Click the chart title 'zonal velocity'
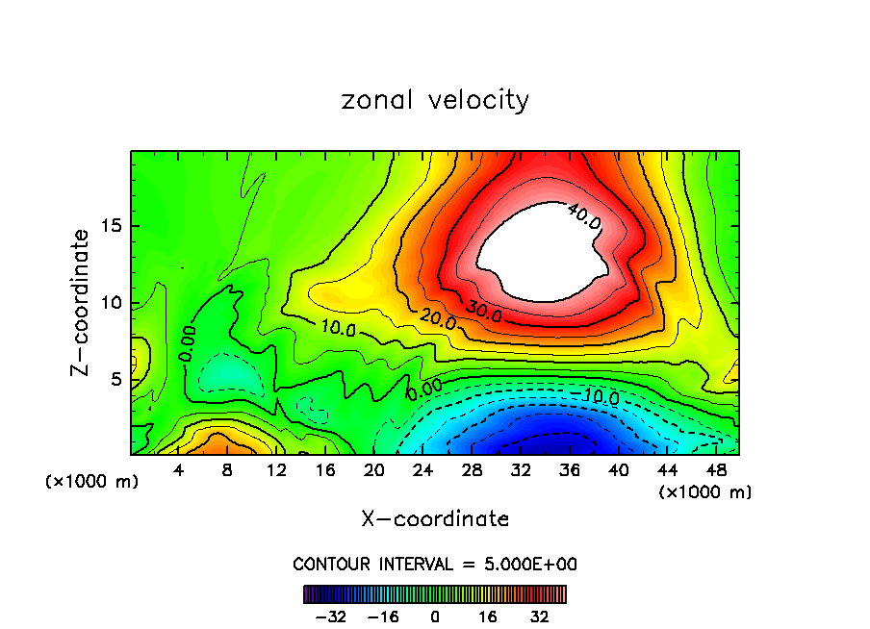tap(435, 100)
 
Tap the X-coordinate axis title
tap(435, 519)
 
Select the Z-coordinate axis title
tap(81, 302)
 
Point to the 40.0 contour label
tap(584, 216)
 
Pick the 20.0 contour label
tap(438, 320)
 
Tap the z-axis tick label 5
tap(115, 379)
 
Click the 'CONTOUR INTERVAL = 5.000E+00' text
tap(435, 564)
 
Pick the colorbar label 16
tap(488, 616)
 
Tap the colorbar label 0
tap(435, 616)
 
